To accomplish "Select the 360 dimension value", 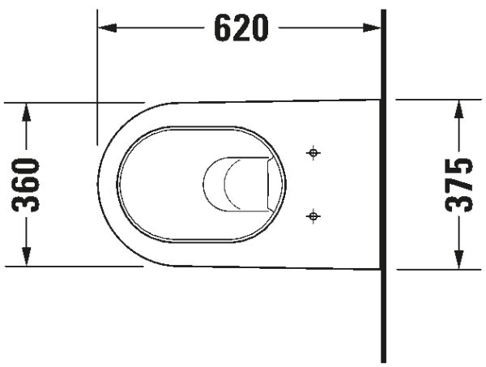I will [28, 185].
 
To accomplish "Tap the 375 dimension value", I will [460, 185].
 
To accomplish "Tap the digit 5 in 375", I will [460, 168].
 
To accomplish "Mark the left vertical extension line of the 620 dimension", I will [97, 81].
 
